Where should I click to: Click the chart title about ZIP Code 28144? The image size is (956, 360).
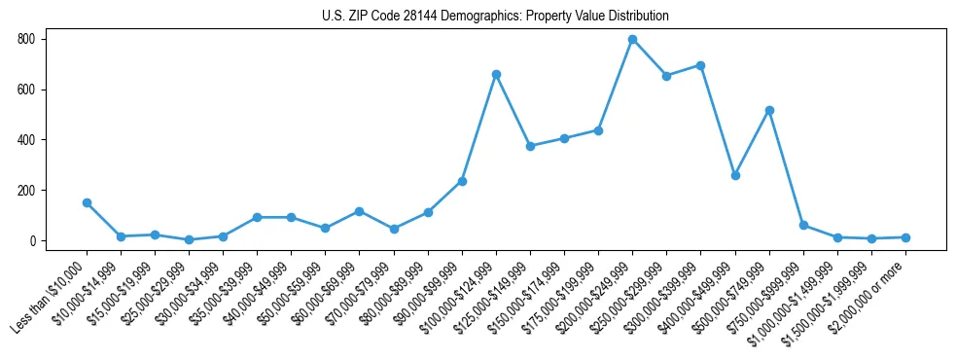click(495, 16)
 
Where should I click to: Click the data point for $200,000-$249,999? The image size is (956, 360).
click(632, 39)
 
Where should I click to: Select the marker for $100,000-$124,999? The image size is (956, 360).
click(496, 74)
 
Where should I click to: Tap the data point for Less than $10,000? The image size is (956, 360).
click(87, 202)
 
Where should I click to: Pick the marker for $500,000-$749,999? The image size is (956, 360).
click(769, 110)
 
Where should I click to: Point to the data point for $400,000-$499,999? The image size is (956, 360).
click(735, 175)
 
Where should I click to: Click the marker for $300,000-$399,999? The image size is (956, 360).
click(700, 65)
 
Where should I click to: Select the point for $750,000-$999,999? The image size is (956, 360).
click(803, 225)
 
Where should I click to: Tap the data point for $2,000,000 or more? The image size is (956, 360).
click(905, 237)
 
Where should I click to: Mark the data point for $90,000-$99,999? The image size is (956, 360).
click(462, 181)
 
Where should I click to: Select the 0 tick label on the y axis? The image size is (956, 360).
click(32, 241)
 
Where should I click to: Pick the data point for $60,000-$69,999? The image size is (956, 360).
click(359, 211)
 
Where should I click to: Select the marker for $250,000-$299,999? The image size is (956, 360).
click(666, 75)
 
